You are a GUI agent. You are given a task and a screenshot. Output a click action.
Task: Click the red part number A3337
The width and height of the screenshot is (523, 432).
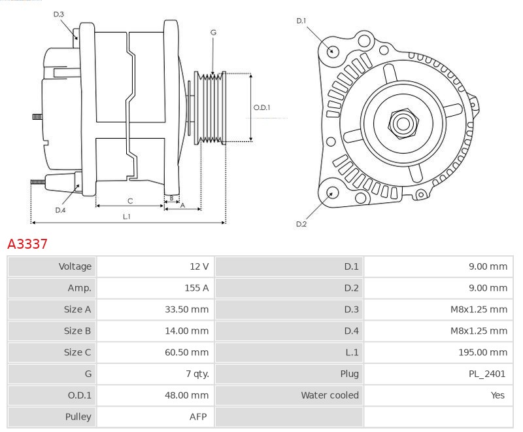tap(27, 244)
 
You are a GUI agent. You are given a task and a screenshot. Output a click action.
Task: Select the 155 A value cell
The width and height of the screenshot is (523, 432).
tap(197, 288)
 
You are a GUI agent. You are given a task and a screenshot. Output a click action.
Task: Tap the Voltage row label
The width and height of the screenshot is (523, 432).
tap(75, 266)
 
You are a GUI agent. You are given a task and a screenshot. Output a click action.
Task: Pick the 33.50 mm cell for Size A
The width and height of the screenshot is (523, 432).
tap(186, 310)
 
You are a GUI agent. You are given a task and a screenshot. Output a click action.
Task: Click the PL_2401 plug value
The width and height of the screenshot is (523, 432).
tap(487, 374)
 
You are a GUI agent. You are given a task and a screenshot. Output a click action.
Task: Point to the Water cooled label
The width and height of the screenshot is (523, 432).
tap(330, 395)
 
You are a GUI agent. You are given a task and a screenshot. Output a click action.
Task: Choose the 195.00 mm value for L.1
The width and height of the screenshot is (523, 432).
tap(482, 352)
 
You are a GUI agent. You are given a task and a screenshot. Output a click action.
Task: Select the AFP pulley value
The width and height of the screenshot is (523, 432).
tap(198, 417)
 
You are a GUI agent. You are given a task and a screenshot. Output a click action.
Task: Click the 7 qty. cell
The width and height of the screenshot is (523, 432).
tap(197, 374)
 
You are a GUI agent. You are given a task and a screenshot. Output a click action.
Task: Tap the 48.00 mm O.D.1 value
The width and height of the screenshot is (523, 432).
tap(186, 395)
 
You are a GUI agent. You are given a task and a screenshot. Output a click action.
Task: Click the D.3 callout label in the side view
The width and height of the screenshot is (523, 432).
tap(58, 14)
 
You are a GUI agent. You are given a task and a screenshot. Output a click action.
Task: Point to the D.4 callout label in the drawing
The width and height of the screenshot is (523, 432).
tap(60, 210)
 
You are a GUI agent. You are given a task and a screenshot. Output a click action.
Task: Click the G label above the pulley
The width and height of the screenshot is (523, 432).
tap(214, 32)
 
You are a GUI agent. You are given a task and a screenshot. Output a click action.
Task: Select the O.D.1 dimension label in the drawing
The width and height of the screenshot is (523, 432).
tap(262, 107)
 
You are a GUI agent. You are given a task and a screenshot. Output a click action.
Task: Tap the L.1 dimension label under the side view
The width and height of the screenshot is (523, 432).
tap(126, 217)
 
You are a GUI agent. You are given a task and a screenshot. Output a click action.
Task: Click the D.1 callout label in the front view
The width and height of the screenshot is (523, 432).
tap(301, 21)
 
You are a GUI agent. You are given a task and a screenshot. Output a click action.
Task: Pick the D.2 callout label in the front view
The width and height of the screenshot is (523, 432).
tap(301, 224)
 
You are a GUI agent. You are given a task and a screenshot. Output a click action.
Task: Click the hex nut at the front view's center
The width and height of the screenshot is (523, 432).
tap(403, 124)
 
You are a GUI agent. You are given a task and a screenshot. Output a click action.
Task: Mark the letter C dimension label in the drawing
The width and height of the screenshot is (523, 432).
tap(130, 201)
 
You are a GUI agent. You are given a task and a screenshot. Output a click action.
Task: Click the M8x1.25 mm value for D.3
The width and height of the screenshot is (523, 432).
tap(479, 310)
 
